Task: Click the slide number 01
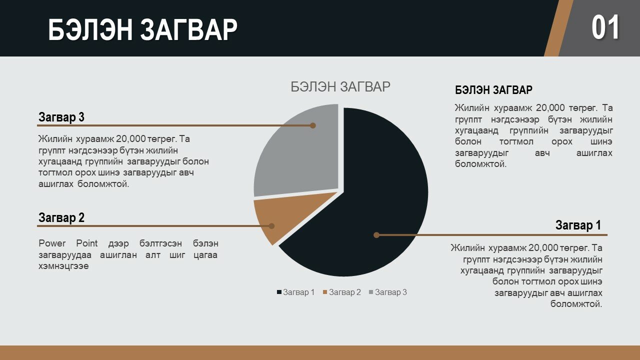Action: (605, 27)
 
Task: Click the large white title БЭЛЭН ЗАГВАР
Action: (142, 29)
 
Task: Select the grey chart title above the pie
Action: (340, 86)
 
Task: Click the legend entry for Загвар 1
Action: (295, 292)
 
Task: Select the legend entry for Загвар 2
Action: (341, 292)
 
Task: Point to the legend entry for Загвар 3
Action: (388, 292)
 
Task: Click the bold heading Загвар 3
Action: (61, 117)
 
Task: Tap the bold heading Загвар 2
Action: (61, 217)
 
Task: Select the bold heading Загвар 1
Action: (578, 225)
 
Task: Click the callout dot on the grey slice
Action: (313, 125)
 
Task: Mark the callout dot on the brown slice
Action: (271, 226)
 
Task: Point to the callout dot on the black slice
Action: (376, 235)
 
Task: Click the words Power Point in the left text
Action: (68, 243)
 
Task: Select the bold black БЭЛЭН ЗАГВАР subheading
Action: (493, 90)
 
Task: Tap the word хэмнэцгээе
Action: (63, 266)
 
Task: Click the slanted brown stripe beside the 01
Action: (558, 28)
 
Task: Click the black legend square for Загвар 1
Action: (279, 292)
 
